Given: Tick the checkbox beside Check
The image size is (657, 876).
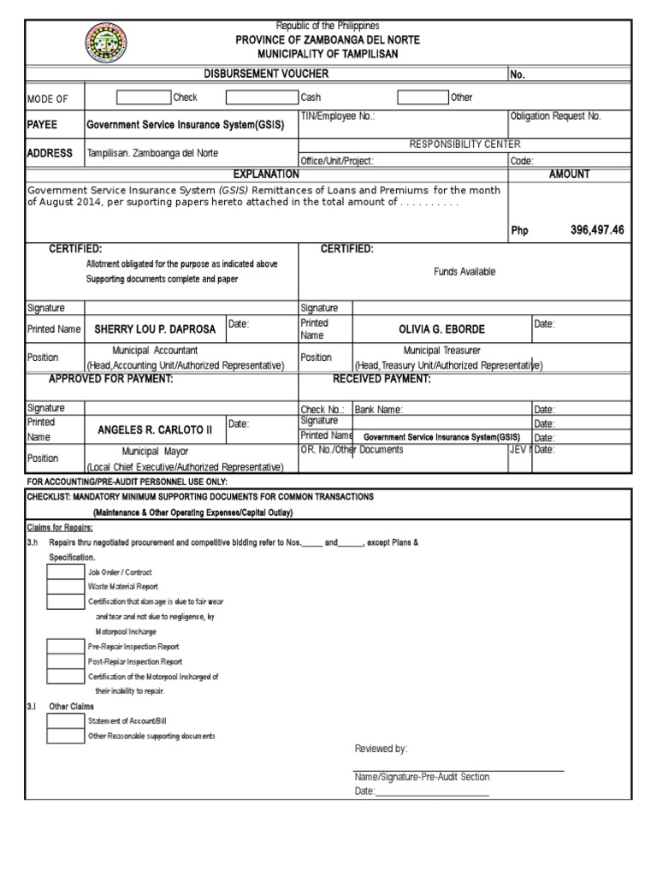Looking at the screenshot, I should (x=144, y=98).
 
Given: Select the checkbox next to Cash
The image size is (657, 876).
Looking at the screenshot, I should (x=261, y=98).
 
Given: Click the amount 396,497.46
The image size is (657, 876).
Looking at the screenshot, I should (x=596, y=230).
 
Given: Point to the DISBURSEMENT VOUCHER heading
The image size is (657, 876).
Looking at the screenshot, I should (x=266, y=74).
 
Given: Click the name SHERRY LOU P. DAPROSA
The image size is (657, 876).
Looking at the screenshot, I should (x=155, y=328).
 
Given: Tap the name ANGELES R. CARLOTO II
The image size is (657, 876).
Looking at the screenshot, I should (x=154, y=430).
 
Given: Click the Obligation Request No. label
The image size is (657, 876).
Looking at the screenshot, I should (x=555, y=115).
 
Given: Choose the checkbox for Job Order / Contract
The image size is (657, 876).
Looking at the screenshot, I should (x=65, y=571).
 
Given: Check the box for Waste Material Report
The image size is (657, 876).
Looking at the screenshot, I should (x=65, y=587).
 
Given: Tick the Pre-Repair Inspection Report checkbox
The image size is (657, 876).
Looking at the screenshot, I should (x=65, y=647).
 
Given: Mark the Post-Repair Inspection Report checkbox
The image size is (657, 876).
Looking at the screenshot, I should (x=65, y=661).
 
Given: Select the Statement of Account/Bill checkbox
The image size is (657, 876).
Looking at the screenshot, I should (x=65, y=721).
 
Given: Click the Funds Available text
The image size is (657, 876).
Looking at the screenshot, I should (x=464, y=271).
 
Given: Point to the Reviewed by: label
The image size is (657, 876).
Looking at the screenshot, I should (x=381, y=749).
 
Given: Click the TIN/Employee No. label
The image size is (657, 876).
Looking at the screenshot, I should (x=337, y=115).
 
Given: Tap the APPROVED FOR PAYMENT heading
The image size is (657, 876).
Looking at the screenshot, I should (x=111, y=379).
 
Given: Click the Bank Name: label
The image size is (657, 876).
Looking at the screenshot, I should (x=378, y=410).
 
